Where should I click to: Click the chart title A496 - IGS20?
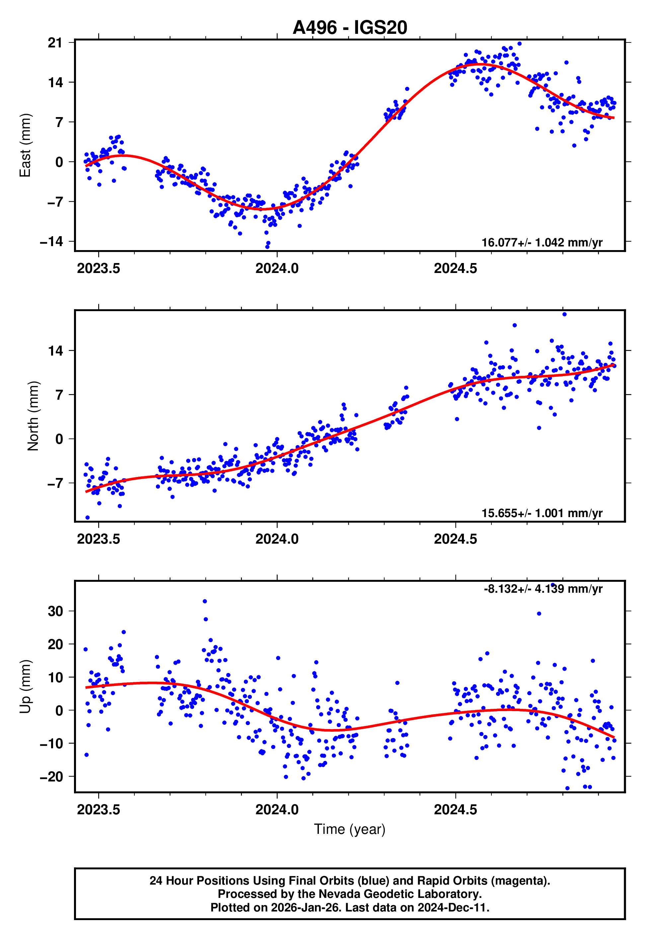(350, 28)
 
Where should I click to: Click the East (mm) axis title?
(25, 146)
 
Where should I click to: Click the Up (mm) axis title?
(25, 686)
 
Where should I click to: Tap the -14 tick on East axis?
(51, 241)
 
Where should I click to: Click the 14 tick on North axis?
(55, 351)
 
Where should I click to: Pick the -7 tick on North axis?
(55, 484)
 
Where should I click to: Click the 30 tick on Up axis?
(55, 611)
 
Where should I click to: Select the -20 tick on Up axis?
(51, 776)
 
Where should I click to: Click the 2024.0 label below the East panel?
(277, 269)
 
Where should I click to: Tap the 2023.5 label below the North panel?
(98, 539)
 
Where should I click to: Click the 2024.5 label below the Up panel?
(455, 809)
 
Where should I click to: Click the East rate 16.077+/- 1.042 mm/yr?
(542, 242)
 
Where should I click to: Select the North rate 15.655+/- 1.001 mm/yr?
(542, 513)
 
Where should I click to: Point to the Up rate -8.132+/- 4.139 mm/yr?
(542, 589)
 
